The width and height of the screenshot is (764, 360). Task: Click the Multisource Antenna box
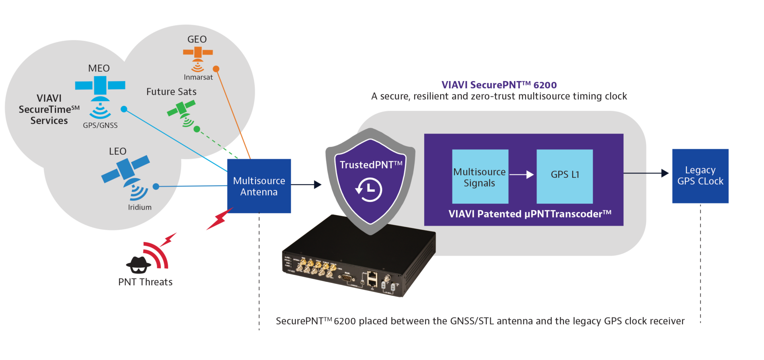(x=259, y=186)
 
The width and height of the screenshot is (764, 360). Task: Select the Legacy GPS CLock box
(x=700, y=176)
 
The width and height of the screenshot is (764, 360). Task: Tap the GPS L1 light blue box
(x=564, y=176)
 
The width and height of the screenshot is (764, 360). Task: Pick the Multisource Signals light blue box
(x=480, y=177)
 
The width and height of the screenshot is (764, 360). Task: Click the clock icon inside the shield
(x=368, y=190)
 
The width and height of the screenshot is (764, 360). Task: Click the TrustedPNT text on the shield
(x=370, y=165)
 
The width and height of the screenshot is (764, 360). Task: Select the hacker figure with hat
(x=138, y=265)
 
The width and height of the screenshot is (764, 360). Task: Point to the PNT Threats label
(x=145, y=282)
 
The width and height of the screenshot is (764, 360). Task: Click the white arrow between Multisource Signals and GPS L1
(x=522, y=175)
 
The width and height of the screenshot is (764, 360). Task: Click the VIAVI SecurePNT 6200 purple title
(x=499, y=85)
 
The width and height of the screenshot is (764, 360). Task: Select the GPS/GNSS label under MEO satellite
(x=100, y=125)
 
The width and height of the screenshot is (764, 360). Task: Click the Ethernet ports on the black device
(x=372, y=278)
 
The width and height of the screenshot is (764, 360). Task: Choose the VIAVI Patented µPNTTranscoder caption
(x=530, y=214)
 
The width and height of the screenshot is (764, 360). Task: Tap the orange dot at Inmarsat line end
(x=216, y=69)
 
